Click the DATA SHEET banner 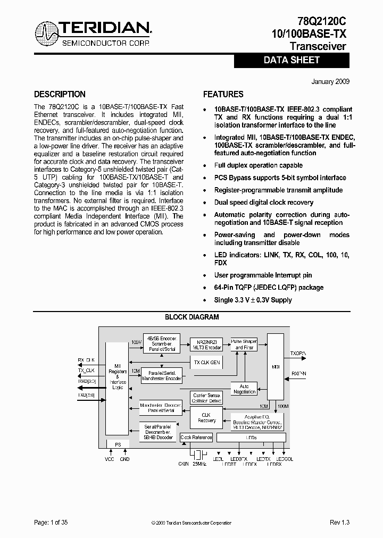(292, 61)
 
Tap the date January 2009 (330, 82)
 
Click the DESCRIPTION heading (60, 95)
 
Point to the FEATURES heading (223, 95)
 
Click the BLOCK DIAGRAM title (191, 317)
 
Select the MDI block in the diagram (276, 366)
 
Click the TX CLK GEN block (206, 362)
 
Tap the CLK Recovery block (206, 417)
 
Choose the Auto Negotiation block (244, 389)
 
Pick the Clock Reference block (196, 438)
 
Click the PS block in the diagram (118, 444)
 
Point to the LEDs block (251, 438)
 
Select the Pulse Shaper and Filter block (244, 344)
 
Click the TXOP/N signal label (298, 352)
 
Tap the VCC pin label (110, 459)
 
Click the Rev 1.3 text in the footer (339, 523)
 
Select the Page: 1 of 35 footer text (51, 523)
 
